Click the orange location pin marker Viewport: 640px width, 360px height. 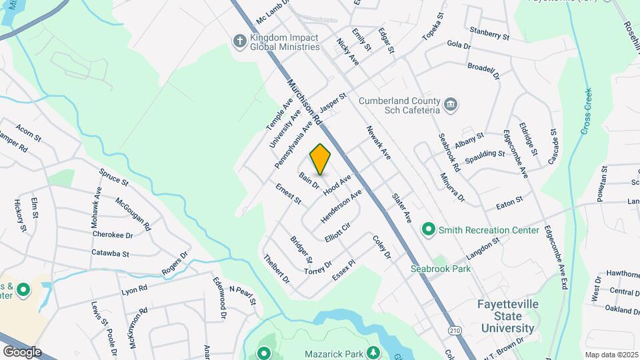click(321, 159)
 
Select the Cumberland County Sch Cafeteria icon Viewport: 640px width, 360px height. click(451, 105)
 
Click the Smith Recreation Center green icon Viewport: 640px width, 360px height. click(429, 230)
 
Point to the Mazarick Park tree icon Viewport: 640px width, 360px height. click(374, 353)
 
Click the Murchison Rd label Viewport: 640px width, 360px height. click(305, 102)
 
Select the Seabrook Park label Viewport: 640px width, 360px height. click(440, 269)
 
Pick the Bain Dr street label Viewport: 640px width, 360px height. click(309, 181)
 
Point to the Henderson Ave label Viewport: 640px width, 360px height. click(341, 205)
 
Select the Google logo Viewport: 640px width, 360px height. click(22, 351)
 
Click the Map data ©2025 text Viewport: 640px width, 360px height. click(611, 355)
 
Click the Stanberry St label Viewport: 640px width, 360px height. click(489, 31)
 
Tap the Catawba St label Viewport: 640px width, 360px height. click(111, 253)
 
